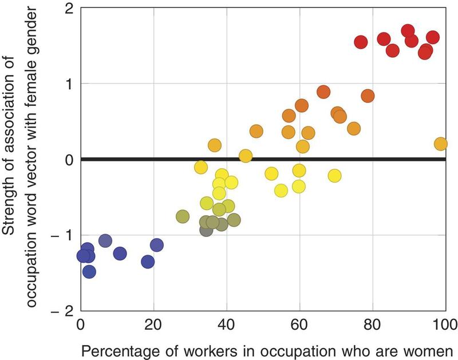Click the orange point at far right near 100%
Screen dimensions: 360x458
440,144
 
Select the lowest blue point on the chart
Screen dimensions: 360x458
89,271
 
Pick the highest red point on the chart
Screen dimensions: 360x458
408,31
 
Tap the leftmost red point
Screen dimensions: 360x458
361,42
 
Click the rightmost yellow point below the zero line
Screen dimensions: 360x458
334,175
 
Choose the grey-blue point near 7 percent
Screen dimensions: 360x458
105,241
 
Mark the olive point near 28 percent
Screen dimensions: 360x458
183,216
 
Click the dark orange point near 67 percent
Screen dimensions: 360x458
323,92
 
